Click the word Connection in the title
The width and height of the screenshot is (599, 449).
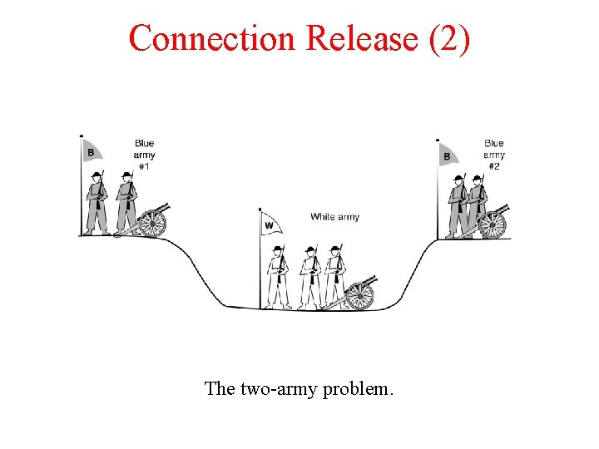213,38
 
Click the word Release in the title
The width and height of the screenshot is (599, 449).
362,38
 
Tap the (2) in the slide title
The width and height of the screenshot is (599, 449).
450,38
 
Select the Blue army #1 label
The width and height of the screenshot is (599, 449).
144,155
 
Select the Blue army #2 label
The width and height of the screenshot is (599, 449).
494,155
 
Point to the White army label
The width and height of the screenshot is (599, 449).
334,217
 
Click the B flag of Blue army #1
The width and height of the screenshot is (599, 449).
92,151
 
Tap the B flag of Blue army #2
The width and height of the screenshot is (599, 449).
448,155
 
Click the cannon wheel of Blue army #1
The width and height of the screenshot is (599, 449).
152,222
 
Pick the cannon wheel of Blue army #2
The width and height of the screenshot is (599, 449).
493,224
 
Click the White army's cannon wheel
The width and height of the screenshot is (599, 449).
359,295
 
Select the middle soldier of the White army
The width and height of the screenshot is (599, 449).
309,275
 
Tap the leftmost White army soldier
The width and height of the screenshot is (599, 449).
278,275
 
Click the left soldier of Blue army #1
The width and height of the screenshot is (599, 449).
98,202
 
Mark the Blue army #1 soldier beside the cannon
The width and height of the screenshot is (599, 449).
126,202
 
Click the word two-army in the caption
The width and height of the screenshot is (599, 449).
276,388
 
